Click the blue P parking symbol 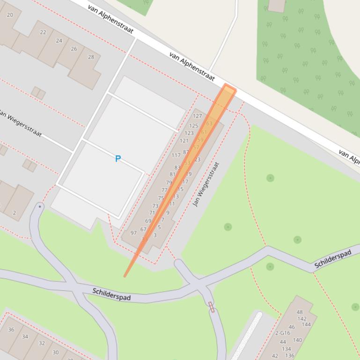[118, 159]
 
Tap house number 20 [10, 14]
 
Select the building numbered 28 [90, 57]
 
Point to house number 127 [197, 116]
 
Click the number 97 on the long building [133, 233]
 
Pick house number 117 [176, 155]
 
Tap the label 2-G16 [282, 333]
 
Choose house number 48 [300, 312]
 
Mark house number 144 [306, 324]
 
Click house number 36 [11, 329]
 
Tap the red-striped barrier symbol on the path [212, 307]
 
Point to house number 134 [286, 349]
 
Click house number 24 [59, 41]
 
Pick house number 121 [184, 141]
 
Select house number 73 [155, 206]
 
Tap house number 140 [297, 340]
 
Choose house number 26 [74, 49]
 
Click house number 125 [193, 126]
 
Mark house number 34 [25, 336]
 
